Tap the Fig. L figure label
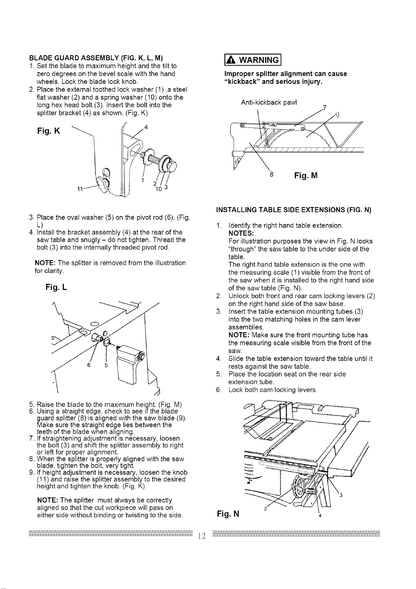56,287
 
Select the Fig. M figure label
306,175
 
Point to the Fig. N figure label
228,513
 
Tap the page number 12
202,536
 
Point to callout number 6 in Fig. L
89,365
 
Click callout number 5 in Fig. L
106,365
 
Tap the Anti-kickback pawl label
269,102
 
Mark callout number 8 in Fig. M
271,174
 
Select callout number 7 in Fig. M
324,108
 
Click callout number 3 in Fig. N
341,496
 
